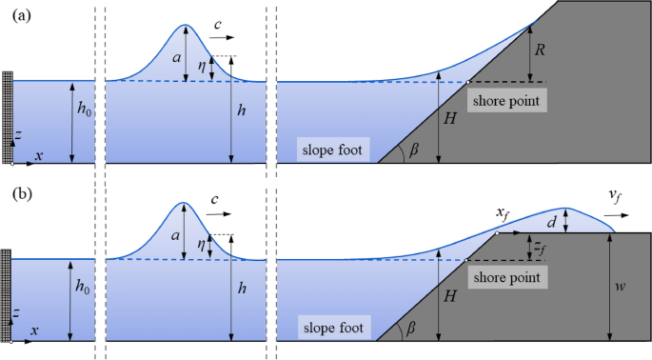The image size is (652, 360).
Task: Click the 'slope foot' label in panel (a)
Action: point(332,150)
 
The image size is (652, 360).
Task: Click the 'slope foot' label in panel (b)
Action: point(332,327)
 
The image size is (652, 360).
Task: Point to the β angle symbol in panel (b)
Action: point(413,329)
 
